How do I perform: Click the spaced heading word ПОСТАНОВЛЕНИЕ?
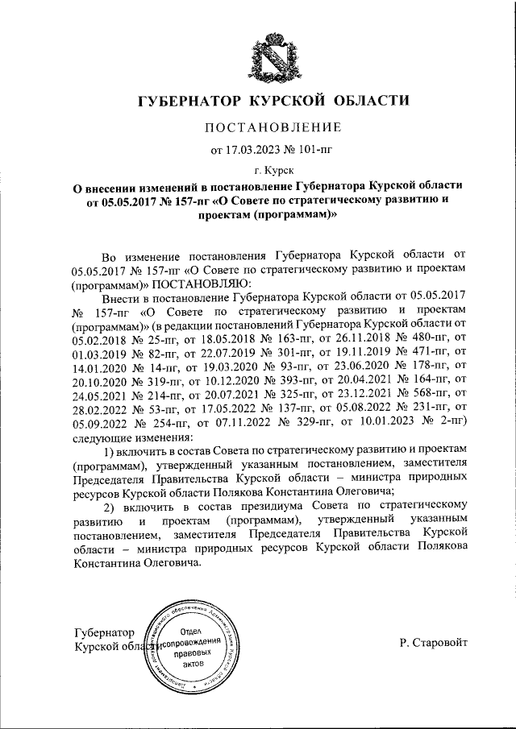(x=273, y=126)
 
